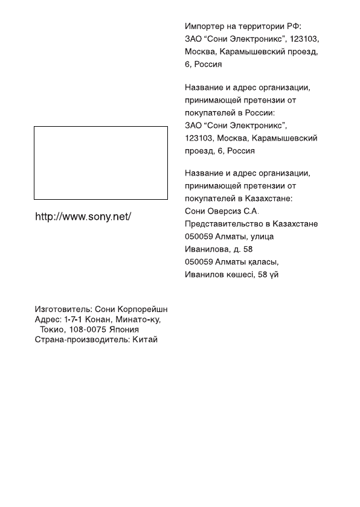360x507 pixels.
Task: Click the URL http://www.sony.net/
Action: (83, 216)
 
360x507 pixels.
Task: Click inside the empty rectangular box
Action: (100, 162)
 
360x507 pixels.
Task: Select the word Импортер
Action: (204, 27)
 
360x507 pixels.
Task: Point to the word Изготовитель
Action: (60, 308)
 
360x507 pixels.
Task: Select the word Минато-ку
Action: (138, 319)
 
